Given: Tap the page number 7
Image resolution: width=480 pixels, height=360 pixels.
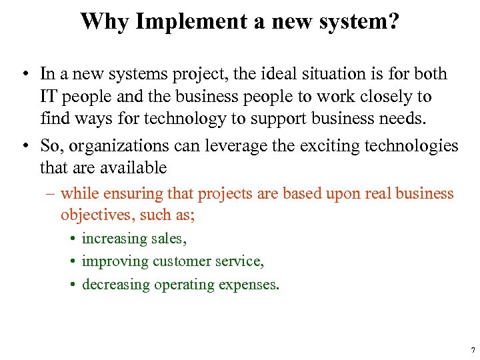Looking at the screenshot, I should [x=472, y=350].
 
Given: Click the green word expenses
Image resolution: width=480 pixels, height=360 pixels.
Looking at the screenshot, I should [x=253, y=285].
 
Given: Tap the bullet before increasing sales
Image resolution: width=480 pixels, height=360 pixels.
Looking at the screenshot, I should [x=70, y=239].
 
